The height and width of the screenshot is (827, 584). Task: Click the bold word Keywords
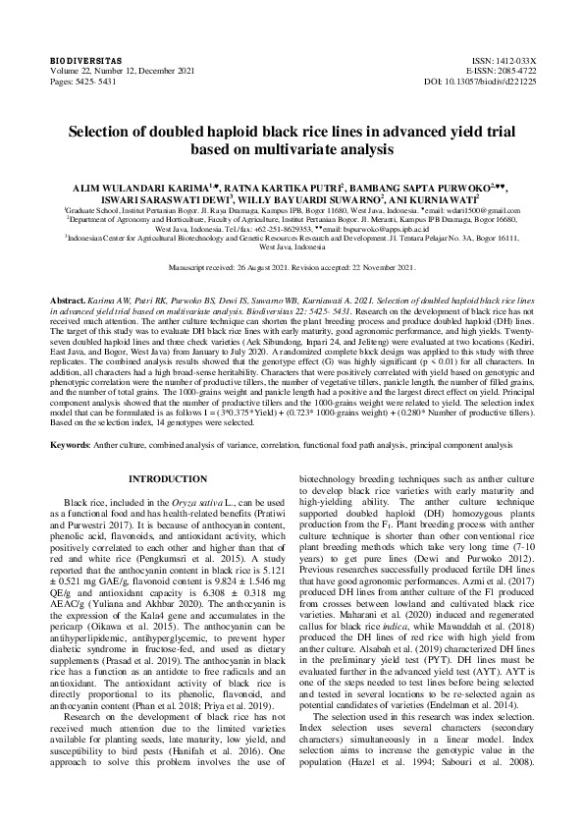71,445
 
